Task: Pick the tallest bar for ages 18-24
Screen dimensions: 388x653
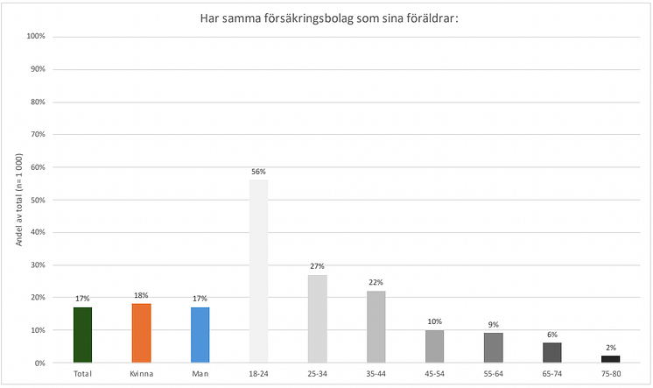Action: [x=258, y=272]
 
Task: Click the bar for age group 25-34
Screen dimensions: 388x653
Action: [x=317, y=319]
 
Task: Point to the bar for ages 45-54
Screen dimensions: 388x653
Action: [x=434, y=346]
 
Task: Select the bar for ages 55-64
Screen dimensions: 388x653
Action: [x=493, y=348]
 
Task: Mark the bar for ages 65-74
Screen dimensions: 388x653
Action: [x=551, y=352]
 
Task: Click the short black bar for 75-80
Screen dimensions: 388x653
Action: [x=610, y=359]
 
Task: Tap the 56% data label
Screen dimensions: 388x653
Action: [x=258, y=173]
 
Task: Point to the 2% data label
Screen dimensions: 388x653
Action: [x=610, y=349]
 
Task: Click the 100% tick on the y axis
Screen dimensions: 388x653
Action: [x=36, y=37]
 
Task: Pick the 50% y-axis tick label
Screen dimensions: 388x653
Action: [x=38, y=200]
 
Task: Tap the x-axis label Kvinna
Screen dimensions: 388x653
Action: [x=141, y=373]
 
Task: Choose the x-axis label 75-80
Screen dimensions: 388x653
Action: [x=610, y=373]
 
